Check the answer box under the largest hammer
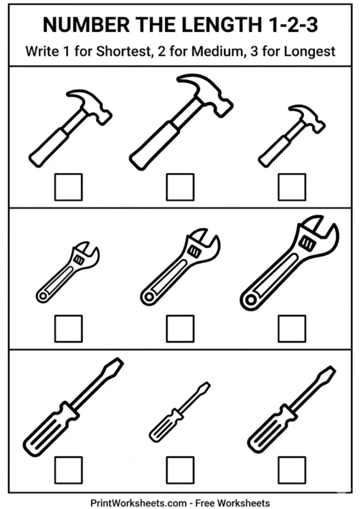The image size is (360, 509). tap(180, 187)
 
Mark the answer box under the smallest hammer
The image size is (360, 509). tap(292, 187)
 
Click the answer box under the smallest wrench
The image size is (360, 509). tap(68, 328)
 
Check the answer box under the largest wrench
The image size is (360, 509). tap(292, 328)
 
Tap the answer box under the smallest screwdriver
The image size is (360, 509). tap(180, 470)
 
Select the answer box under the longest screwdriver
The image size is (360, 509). tap(68, 470)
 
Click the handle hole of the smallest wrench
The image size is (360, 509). tap(43, 296)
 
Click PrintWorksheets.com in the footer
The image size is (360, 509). tap(138, 503)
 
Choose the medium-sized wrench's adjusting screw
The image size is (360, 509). tap(193, 252)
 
